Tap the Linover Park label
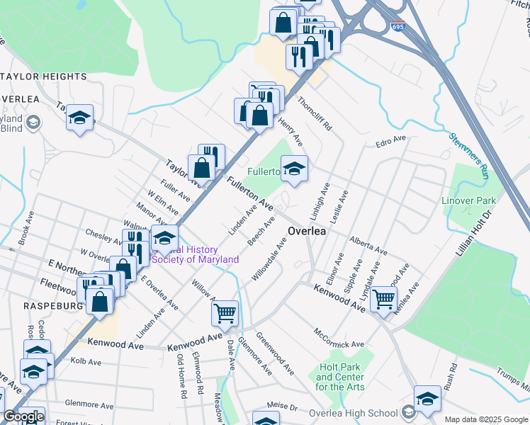pos(469,200)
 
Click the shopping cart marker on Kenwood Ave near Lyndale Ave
pos(383,298)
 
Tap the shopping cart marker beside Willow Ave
pos(225,312)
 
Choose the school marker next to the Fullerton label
pos(294,169)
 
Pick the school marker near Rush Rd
pos(427,399)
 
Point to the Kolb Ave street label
pos(86,361)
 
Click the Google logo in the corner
pos(23,416)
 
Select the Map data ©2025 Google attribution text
pos(486,419)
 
